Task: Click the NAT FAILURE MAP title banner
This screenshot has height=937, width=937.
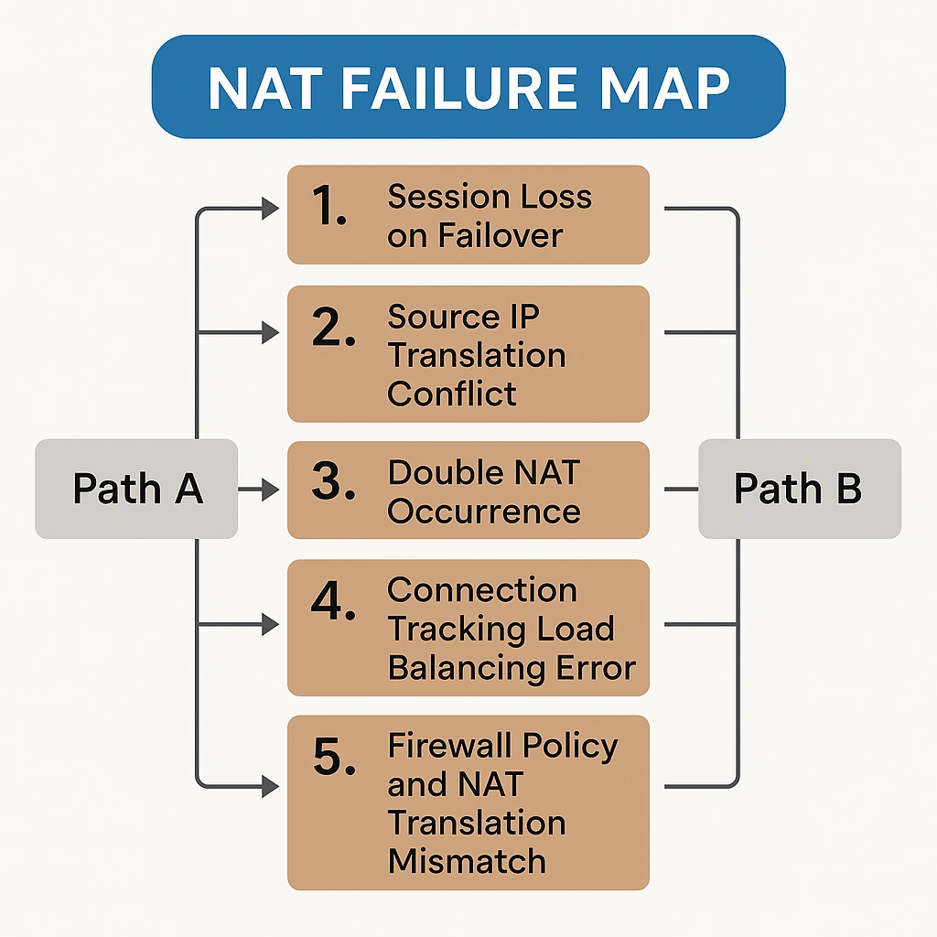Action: [x=468, y=88]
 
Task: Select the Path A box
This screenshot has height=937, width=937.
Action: [x=136, y=489]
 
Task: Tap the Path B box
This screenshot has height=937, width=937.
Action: [x=799, y=489]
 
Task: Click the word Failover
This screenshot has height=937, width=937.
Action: [x=501, y=235]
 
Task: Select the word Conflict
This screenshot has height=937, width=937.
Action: [x=452, y=394]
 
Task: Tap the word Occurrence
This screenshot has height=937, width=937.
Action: [x=484, y=511]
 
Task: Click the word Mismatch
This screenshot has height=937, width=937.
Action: [x=467, y=861]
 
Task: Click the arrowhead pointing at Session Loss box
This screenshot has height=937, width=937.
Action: [x=271, y=210]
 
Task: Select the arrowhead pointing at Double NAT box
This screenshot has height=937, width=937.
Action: [x=271, y=490]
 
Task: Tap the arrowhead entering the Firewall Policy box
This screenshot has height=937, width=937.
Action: [x=271, y=785]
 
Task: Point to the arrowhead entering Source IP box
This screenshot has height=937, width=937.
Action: [x=271, y=332]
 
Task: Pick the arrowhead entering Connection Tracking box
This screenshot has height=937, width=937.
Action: [x=271, y=625]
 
